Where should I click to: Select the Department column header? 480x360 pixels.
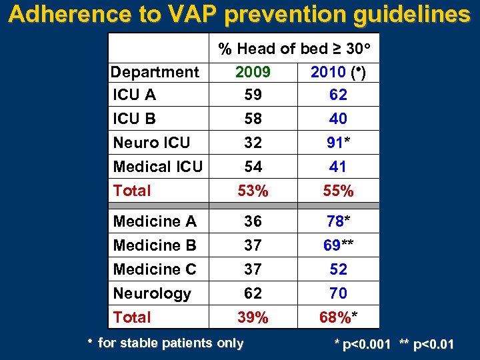pyautogui.click(x=155, y=71)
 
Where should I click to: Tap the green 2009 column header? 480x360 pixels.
pyautogui.click(x=253, y=71)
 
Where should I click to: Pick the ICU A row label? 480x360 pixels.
pyautogui.click(x=135, y=95)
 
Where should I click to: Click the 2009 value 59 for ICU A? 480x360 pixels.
pyautogui.click(x=253, y=95)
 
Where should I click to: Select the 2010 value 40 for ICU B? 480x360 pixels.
pyautogui.click(x=338, y=119)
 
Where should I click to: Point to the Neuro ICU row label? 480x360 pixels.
pyautogui.click(x=151, y=143)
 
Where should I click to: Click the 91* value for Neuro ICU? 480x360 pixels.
pyautogui.click(x=338, y=143)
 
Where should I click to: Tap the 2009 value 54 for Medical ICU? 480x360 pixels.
pyautogui.click(x=253, y=167)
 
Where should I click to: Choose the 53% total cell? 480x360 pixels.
pyautogui.click(x=253, y=191)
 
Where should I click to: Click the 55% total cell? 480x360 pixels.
pyautogui.click(x=338, y=191)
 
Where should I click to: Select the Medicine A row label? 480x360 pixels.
pyautogui.click(x=155, y=221)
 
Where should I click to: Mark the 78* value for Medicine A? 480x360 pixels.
pyautogui.click(x=338, y=221)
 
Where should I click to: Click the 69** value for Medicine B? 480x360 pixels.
pyautogui.click(x=338, y=245)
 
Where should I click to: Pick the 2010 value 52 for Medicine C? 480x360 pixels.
pyautogui.click(x=338, y=269)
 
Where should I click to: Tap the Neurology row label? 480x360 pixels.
pyautogui.click(x=152, y=293)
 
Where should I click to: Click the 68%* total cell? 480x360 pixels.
pyautogui.click(x=338, y=318)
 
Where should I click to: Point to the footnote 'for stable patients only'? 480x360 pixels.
pyautogui.click(x=170, y=343)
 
